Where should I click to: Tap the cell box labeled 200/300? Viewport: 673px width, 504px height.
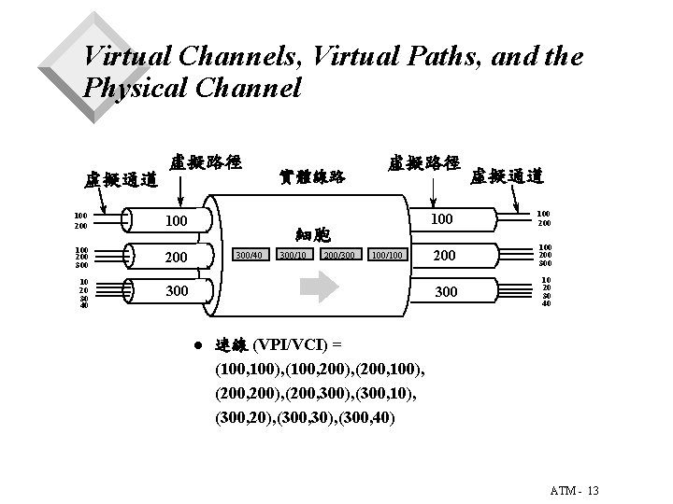tap(339, 254)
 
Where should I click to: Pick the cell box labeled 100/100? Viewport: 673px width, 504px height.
tap(387, 254)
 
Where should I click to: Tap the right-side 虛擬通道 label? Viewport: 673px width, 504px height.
tap(508, 175)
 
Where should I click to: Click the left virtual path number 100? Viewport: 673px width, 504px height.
tap(175, 221)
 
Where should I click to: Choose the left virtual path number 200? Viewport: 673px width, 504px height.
tap(175, 257)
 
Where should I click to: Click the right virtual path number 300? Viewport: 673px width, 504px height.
tap(447, 292)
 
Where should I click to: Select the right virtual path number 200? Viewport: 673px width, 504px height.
tap(447, 256)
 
